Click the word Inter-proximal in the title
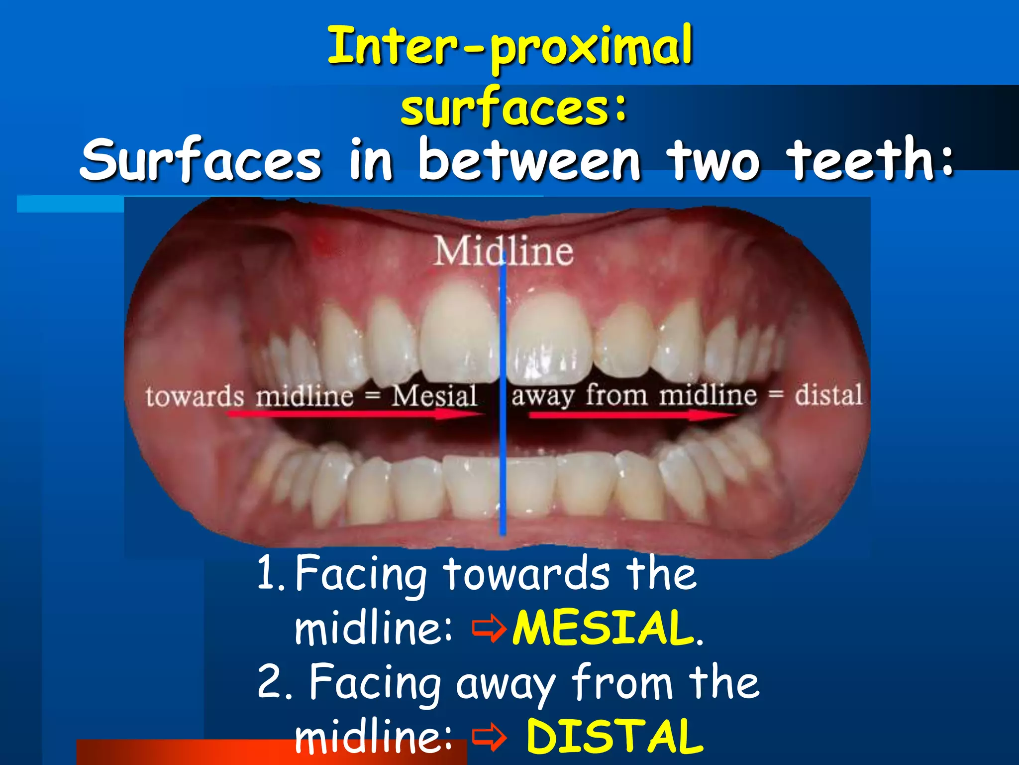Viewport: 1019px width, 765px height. (x=510, y=47)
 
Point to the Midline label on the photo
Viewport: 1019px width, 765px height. (x=503, y=251)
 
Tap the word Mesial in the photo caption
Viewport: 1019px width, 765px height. (x=434, y=396)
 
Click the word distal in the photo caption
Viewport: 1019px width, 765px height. (x=828, y=395)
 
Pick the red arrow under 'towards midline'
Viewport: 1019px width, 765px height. (x=348, y=414)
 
